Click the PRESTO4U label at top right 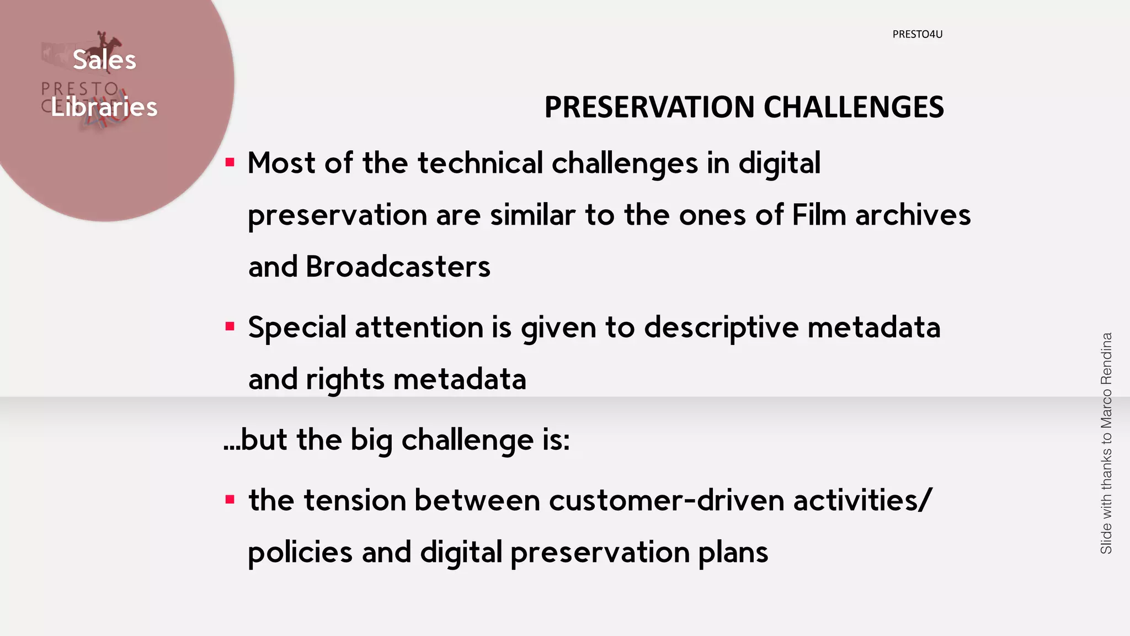(x=917, y=34)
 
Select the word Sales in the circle (x=104, y=60)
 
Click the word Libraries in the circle (x=104, y=107)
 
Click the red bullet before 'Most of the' (x=230, y=163)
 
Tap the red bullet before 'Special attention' (x=230, y=327)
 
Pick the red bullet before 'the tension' (x=230, y=500)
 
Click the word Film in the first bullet (x=819, y=215)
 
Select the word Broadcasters (x=397, y=267)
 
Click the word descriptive (x=721, y=327)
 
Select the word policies (x=300, y=553)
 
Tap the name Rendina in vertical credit (x=1106, y=359)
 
